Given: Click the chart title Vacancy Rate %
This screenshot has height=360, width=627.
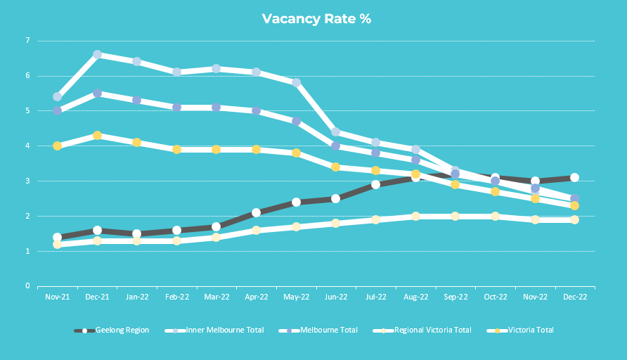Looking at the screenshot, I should [316, 19].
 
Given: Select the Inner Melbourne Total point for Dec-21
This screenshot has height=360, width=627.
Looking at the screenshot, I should [97, 54].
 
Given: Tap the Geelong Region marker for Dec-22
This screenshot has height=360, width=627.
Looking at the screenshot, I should [574, 178].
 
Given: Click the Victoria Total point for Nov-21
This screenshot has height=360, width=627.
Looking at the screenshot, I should [57, 146].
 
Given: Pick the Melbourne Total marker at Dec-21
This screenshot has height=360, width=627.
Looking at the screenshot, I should [97, 93].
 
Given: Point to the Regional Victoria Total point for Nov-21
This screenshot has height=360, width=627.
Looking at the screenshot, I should [57, 244].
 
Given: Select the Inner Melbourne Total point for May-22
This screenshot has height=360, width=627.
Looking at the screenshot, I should [296, 82].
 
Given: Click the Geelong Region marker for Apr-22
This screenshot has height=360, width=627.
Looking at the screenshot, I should [256, 212].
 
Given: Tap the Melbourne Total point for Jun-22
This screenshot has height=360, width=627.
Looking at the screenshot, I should [335, 146].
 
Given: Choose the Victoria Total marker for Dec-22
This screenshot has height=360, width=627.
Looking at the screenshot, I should [574, 205].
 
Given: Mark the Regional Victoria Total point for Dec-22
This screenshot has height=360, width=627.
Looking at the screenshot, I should [574, 219].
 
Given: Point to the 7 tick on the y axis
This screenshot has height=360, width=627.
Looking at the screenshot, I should [28, 41].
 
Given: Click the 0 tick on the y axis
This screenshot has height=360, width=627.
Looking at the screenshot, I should [28, 286].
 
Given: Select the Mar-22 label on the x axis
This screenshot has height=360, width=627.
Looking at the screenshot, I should [216, 297].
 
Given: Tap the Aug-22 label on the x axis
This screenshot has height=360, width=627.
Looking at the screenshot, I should [415, 297].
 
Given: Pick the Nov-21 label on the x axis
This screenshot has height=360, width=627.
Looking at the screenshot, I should [57, 297].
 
